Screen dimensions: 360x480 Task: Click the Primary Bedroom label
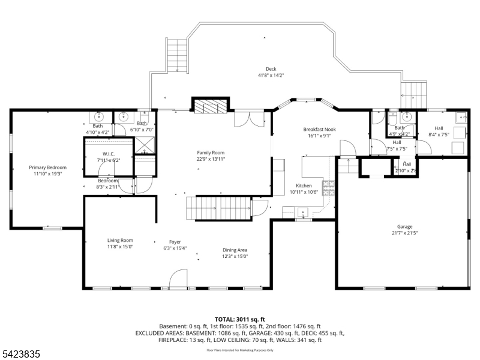[x=48, y=167]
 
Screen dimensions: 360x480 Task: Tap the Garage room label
[x=404, y=226]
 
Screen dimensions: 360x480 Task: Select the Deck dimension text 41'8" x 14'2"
[x=271, y=75]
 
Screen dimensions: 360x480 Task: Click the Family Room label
[x=211, y=152]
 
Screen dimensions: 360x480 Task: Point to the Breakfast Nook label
[x=319, y=129]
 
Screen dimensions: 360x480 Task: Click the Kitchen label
[x=304, y=186]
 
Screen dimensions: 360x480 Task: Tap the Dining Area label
[x=235, y=250]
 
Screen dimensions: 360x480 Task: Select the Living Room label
[x=120, y=240]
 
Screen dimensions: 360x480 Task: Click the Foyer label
[x=175, y=242]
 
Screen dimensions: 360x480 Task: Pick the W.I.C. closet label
[x=108, y=154]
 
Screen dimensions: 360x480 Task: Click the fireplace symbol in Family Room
[x=210, y=107]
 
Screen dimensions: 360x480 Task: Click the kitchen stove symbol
[x=328, y=188]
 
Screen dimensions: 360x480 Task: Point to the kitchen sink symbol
[x=304, y=212]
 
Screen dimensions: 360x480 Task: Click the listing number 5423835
[x=21, y=355]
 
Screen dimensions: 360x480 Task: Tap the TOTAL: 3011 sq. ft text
[x=239, y=319]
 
